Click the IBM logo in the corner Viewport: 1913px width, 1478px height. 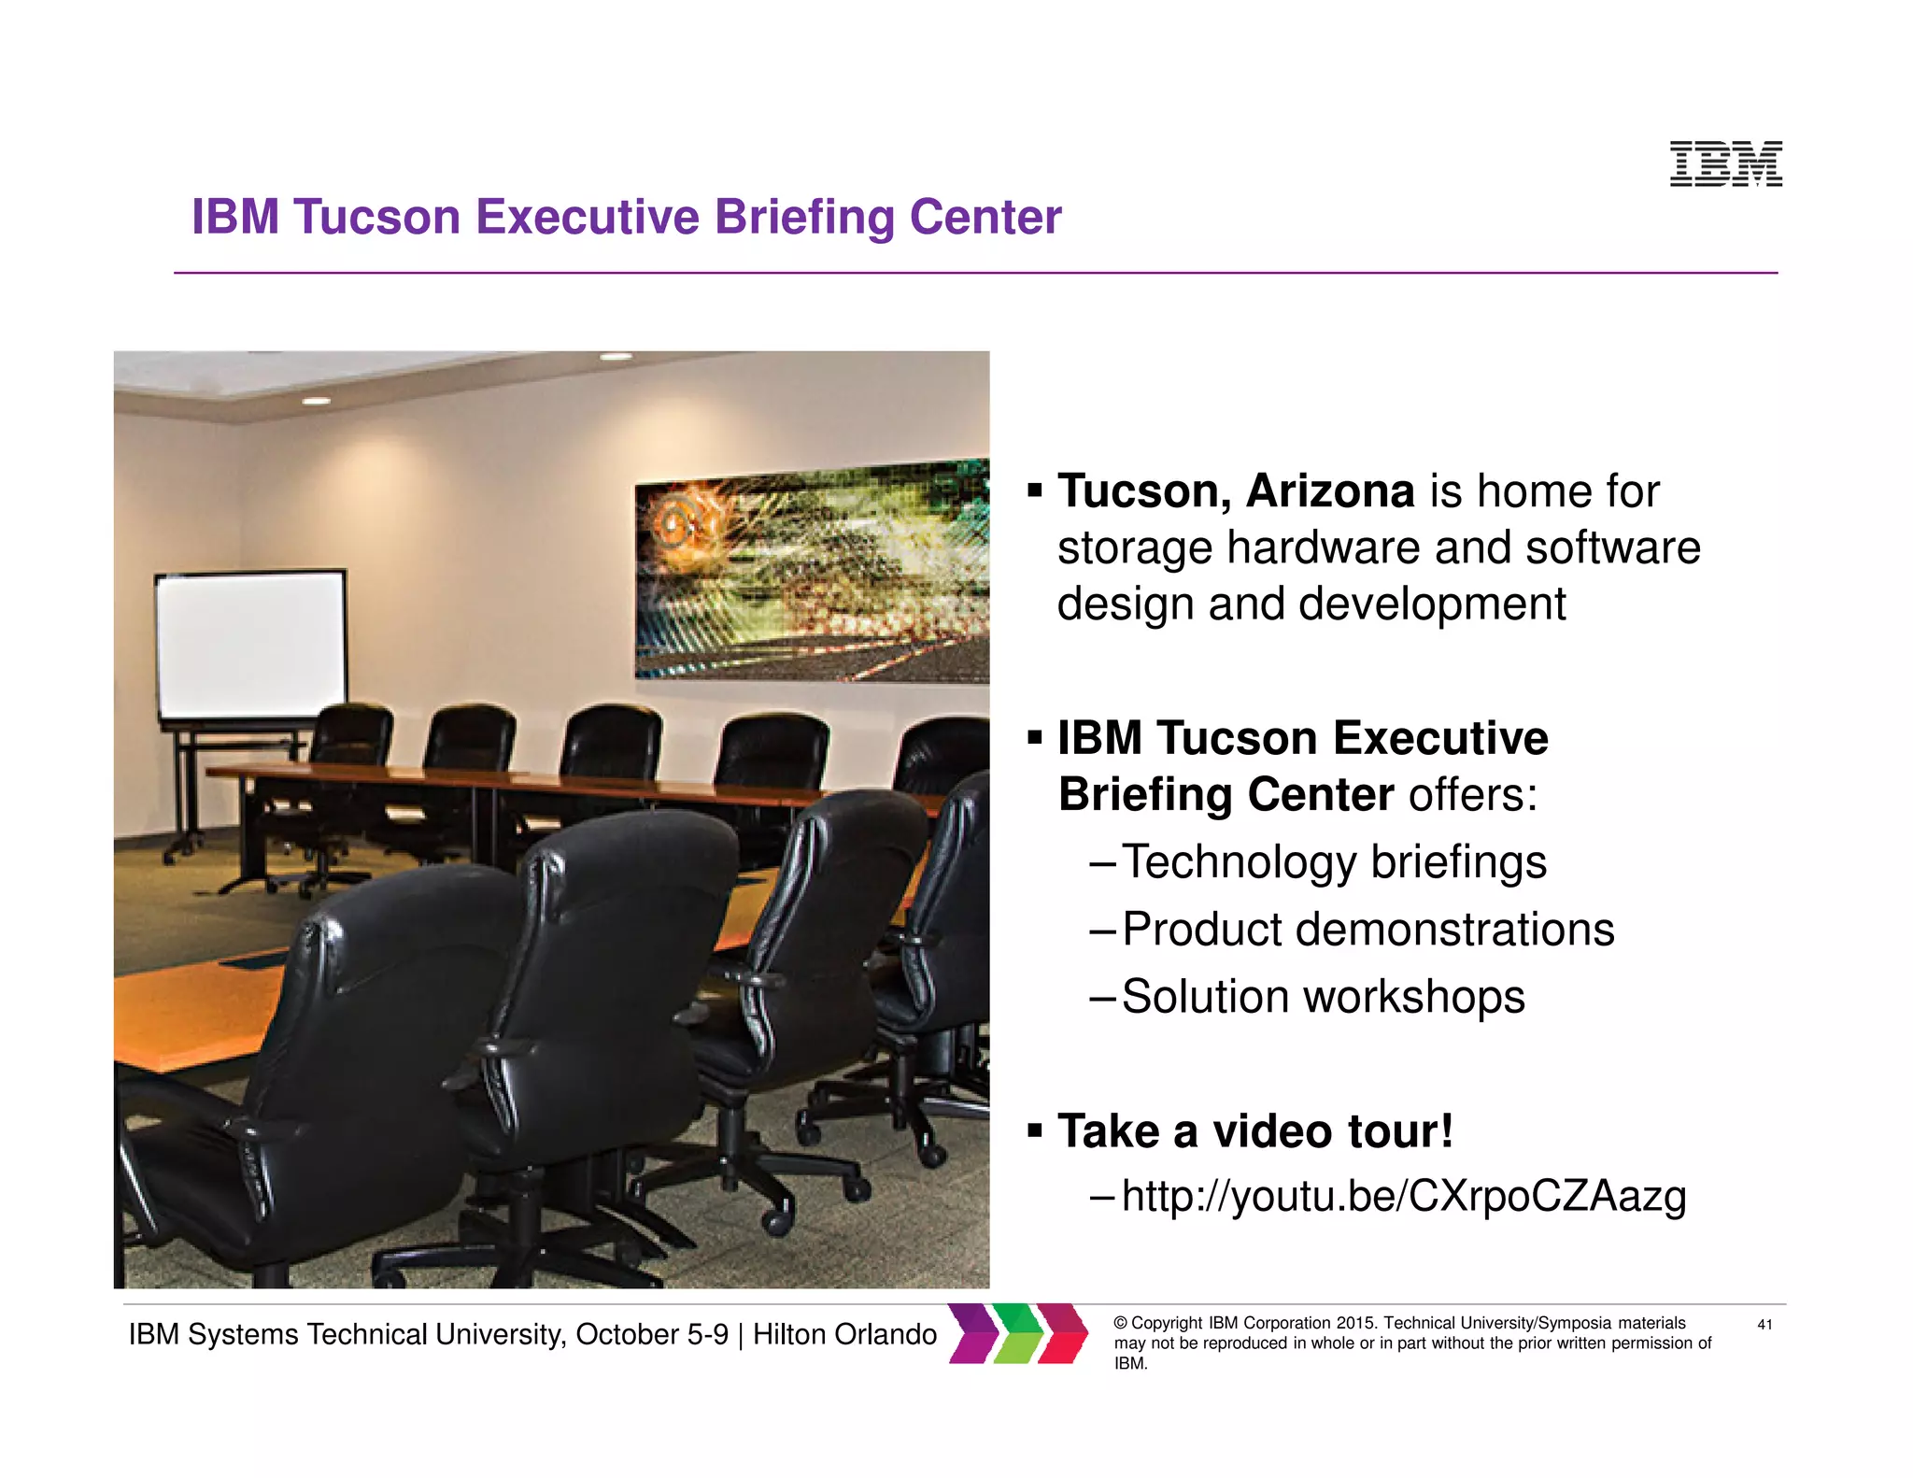tap(1725, 163)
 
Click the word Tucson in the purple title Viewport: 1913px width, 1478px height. tap(377, 217)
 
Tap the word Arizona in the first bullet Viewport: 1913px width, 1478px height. tap(1329, 491)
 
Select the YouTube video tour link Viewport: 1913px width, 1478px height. tap(1403, 1196)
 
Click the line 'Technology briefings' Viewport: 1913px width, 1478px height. tap(1333, 861)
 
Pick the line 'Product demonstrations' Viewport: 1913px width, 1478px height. tap(1367, 930)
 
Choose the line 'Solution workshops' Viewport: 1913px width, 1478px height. tap(1323, 997)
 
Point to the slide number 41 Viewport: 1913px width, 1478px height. tap(1764, 1324)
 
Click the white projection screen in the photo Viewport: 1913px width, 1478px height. tap(250, 645)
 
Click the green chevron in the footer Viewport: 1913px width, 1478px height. tap(1017, 1333)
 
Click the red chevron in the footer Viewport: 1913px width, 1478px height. tap(1063, 1333)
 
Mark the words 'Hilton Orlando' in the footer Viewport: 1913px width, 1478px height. tap(844, 1334)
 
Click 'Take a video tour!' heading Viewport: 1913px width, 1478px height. tap(1254, 1131)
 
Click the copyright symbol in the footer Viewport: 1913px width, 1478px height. tap(1121, 1323)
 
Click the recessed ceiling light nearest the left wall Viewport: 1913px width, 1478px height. tap(316, 401)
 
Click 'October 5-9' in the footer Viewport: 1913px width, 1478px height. tap(651, 1334)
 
